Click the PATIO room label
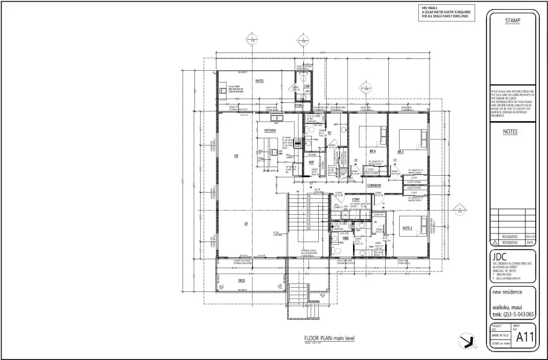click(259, 81)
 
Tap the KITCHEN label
click(269, 130)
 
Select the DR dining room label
click(236, 156)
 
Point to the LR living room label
click(246, 223)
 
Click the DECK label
click(242, 280)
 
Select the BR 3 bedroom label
click(400, 152)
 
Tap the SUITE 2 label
click(407, 228)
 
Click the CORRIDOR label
click(374, 185)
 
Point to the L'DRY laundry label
click(356, 200)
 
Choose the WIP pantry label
click(311, 161)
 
